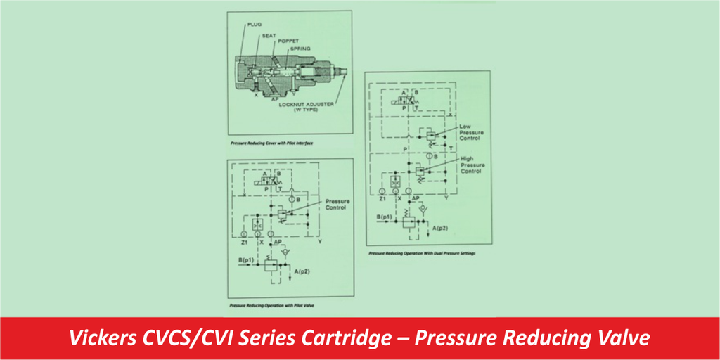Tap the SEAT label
[x=269, y=35]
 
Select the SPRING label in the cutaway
[x=304, y=49]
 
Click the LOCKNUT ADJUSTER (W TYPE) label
[x=304, y=108]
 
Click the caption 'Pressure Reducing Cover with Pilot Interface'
[x=271, y=143]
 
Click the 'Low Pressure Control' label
[x=470, y=131]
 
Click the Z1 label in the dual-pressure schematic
[x=382, y=199]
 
